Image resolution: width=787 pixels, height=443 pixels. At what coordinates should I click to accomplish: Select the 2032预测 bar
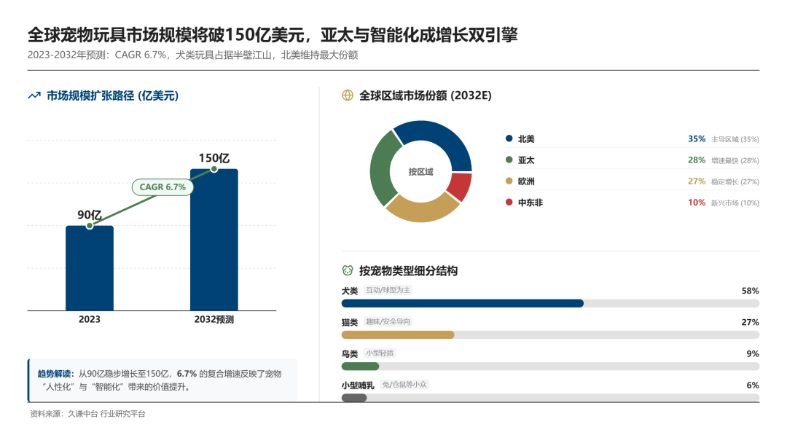(x=214, y=240)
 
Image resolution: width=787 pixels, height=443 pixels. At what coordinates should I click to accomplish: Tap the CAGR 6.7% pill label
(x=163, y=187)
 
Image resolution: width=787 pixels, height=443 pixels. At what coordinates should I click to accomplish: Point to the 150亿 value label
(x=214, y=158)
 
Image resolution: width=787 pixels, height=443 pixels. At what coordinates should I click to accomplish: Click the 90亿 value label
(x=89, y=214)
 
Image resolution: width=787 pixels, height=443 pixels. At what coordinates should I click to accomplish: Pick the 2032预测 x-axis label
(x=214, y=319)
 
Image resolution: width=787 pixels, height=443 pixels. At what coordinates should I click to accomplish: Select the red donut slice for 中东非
(x=460, y=187)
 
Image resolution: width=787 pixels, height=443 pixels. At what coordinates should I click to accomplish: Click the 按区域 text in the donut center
(x=420, y=172)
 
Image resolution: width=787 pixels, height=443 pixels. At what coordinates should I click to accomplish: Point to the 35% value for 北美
(x=697, y=139)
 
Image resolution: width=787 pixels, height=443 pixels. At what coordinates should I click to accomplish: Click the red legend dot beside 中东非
(x=508, y=203)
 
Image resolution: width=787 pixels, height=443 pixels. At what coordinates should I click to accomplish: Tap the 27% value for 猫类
(x=750, y=322)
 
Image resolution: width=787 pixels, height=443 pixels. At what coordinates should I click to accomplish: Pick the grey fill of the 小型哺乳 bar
(x=354, y=398)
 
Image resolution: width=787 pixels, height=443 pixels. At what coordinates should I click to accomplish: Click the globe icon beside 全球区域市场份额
(x=348, y=95)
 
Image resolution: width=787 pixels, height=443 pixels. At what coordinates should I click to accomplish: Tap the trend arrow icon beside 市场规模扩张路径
(x=34, y=95)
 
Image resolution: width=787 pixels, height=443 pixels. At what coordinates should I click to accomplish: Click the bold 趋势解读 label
(x=55, y=374)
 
